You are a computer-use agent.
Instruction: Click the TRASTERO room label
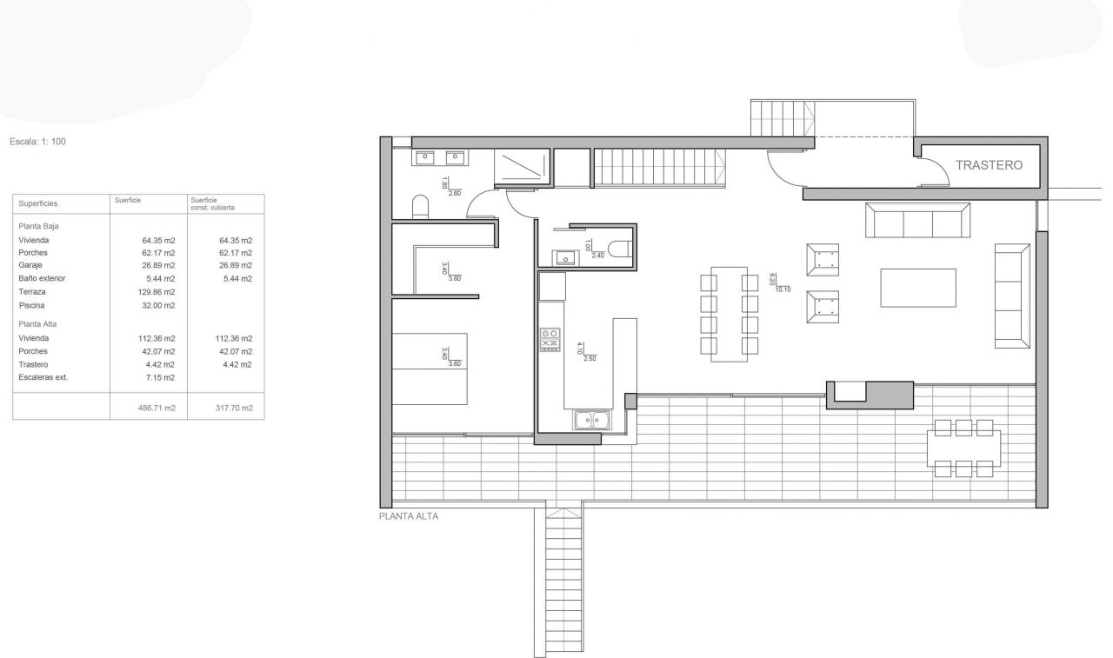989,165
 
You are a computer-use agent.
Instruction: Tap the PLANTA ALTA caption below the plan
409,516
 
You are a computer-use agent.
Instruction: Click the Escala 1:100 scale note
37,142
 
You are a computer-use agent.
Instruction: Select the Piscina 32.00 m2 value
158,305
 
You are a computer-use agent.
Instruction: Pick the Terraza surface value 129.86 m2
157,292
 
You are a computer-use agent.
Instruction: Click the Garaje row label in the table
30,265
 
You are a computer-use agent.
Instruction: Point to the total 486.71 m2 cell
157,408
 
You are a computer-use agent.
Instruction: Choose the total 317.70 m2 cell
234,408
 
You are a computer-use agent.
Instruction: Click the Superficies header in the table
37,203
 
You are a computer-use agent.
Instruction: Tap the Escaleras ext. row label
43,377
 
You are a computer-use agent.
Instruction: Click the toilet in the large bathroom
420,207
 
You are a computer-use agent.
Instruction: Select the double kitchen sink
592,420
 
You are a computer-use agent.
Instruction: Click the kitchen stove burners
550,340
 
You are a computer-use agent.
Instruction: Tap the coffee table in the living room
918,288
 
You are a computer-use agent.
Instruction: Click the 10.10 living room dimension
783,289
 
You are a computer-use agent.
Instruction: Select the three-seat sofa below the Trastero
917,220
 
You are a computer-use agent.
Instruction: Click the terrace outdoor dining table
963,449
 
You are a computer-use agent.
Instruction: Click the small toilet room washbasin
565,258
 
